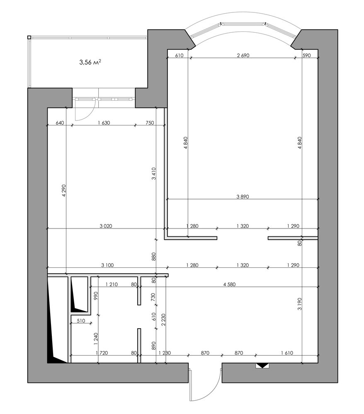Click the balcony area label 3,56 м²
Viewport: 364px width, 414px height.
pos(90,63)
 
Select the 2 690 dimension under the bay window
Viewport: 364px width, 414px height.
pos(243,55)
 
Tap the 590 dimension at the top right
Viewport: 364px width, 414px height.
pos(306,55)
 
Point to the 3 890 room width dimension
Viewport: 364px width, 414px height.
pos(243,196)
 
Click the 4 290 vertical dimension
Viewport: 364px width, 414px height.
pos(64,190)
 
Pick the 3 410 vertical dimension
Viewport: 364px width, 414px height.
pos(154,173)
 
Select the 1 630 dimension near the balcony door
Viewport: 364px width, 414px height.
pos(104,123)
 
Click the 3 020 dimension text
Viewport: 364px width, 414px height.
pos(106,226)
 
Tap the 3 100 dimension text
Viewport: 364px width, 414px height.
pos(107,265)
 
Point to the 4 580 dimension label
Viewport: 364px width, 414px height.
pos(229,284)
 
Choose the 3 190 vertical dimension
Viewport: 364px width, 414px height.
pos(299,304)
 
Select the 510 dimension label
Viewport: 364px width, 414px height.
pos(81,321)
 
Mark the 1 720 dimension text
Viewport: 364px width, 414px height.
pos(102,353)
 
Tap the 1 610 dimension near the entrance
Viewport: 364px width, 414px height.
pos(287,353)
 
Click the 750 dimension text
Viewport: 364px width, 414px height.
pos(150,123)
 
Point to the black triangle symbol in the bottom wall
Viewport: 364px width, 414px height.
pos(262,365)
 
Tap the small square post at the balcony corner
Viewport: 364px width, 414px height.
pos(29,37)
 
